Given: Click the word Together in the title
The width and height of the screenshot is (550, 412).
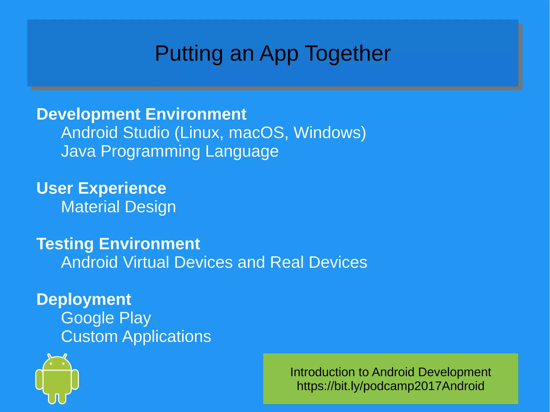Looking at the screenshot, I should coord(348,53).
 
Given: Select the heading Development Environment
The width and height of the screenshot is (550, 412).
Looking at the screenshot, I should coord(141,114).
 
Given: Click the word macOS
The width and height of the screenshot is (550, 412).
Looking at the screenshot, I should coord(256,133).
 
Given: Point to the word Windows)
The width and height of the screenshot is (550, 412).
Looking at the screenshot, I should coord(330,133).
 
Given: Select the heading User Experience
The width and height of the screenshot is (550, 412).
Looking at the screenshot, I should coord(101,188).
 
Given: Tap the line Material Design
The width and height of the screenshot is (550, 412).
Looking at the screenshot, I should coord(118,207).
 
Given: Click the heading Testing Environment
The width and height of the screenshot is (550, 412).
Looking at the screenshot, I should coord(118,244).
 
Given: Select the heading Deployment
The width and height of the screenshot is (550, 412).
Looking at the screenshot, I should coord(84,299).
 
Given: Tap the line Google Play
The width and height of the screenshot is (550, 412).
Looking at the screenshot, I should coord(106,318).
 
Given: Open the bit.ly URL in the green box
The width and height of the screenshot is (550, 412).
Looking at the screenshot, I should coord(390,386).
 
